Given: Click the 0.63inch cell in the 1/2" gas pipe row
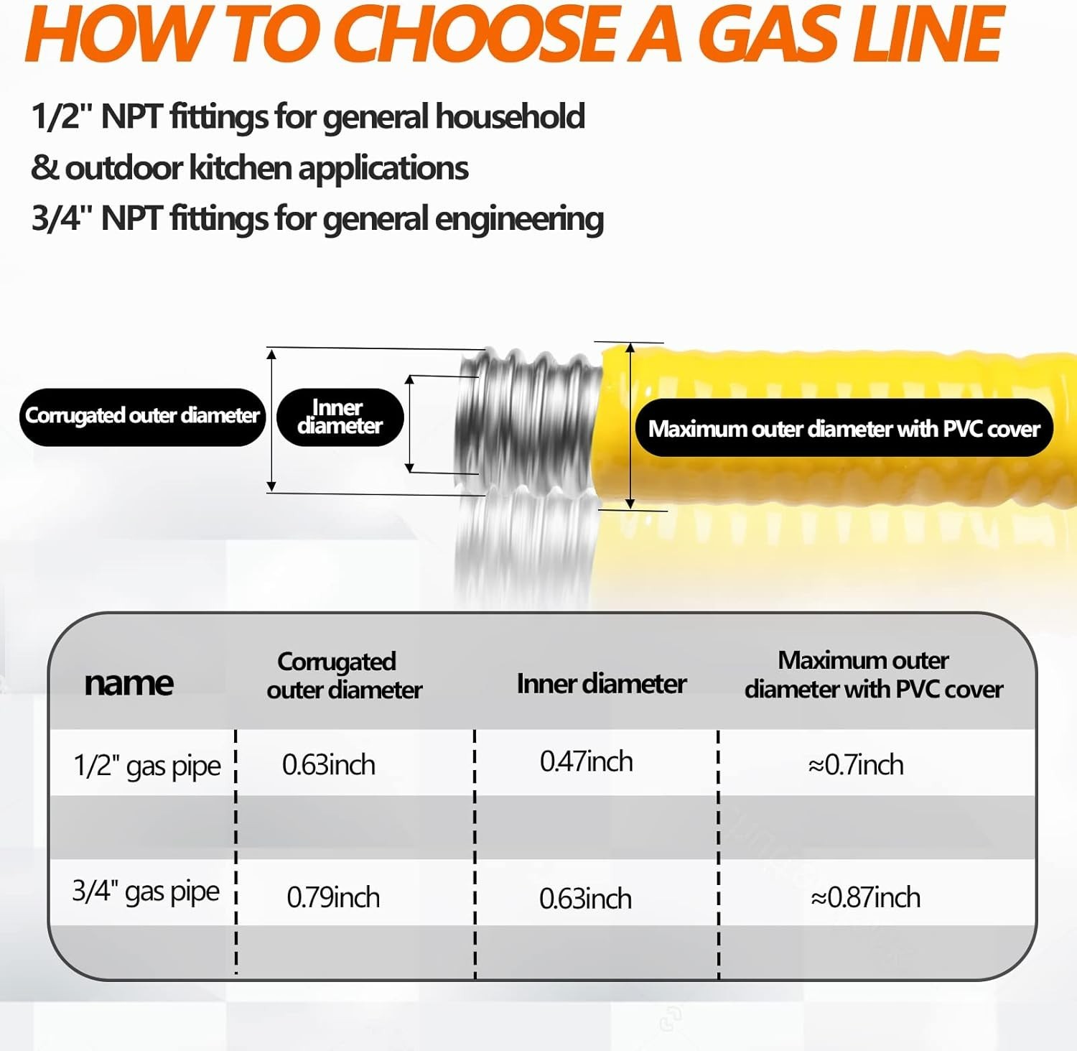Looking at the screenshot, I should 328,765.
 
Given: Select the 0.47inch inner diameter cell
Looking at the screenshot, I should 586,761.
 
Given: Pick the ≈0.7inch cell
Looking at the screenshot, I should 855,765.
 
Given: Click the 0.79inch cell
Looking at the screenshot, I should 332,897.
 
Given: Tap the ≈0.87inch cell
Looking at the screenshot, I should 865,897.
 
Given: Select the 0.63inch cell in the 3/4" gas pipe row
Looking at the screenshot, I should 585,899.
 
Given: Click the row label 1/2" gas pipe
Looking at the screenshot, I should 147,767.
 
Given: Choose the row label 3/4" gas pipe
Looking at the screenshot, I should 146,892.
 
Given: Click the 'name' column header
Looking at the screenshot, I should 129,682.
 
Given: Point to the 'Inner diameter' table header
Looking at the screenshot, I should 601,684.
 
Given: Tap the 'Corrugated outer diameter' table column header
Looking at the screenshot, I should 343,675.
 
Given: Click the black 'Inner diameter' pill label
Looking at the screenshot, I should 340,417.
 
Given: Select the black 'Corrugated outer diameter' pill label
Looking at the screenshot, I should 142,417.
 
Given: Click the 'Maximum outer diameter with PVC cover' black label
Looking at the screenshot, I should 844,429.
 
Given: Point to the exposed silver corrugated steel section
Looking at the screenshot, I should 530,424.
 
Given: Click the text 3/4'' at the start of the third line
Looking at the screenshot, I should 57,218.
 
